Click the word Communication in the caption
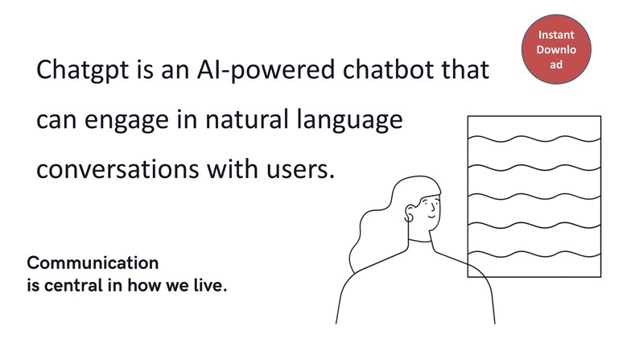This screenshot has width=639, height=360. pos(93,263)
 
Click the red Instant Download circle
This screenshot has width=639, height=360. pos(556,49)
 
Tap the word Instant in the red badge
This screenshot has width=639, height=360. pos(556,35)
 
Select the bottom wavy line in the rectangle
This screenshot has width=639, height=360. pos(534,255)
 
